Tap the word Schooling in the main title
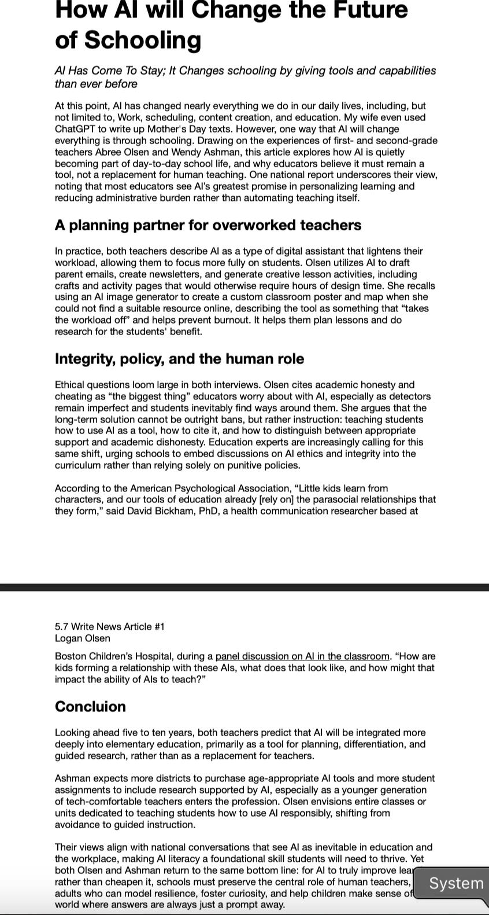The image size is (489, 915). (x=143, y=40)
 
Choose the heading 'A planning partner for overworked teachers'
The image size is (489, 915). (x=208, y=225)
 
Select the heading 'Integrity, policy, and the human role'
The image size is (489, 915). (x=179, y=359)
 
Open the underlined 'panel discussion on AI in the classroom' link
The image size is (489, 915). (x=302, y=656)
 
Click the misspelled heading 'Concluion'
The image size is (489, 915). (x=90, y=707)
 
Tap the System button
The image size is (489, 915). (x=455, y=883)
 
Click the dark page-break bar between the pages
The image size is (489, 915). (x=244, y=587)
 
